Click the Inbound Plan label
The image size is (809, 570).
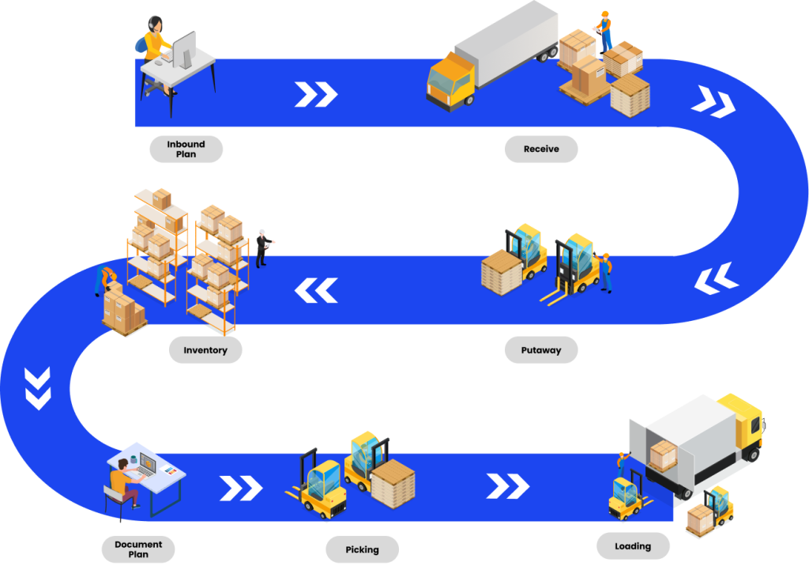[x=186, y=149]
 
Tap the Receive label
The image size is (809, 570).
[x=541, y=149]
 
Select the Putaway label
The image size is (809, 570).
[x=541, y=349]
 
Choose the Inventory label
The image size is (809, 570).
[x=205, y=349]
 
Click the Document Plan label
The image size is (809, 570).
[x=138, y=549]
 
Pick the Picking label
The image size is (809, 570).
[x=363, y=549]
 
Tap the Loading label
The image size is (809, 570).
[x=633, y=545]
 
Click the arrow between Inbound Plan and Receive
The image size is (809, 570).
[x=316, y=94]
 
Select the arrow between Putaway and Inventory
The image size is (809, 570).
[x=316, y=290]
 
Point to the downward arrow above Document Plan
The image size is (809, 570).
[x=38, y=387]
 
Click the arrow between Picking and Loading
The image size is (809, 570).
[x=507, y=486]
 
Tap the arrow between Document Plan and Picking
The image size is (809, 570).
[x=240, y=488]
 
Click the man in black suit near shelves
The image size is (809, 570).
[x=263, y=247]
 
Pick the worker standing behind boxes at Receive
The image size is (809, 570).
[x=604, y=32]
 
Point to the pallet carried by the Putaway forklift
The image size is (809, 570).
[x=502, y=270]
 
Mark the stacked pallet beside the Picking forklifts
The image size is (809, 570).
[x=393, y=482]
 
